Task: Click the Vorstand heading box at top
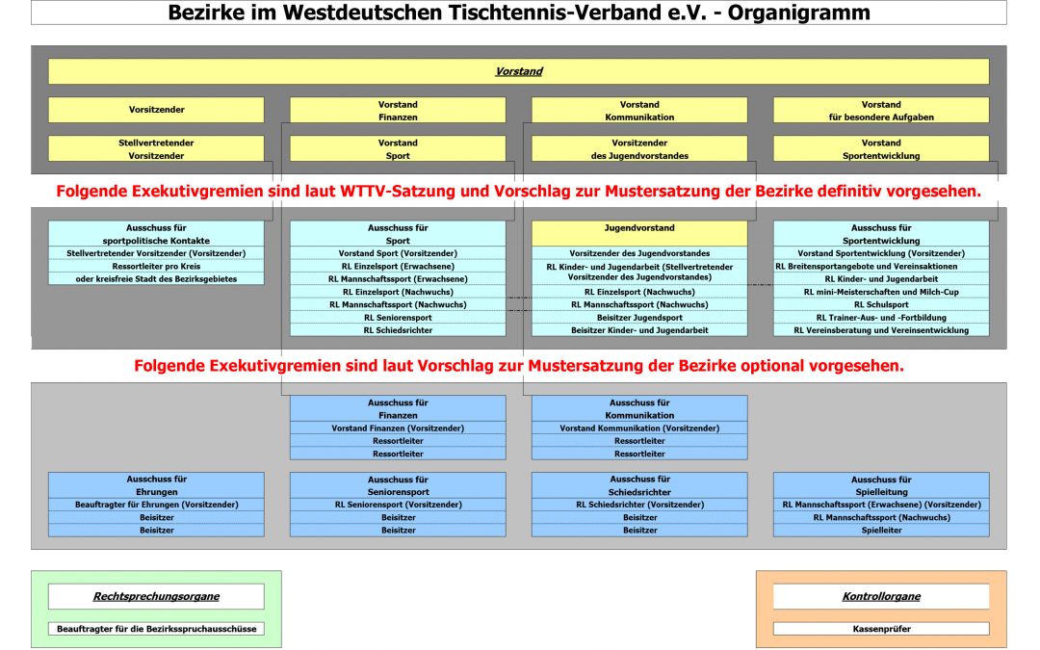click(518, 71)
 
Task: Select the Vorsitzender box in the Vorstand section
click(156, 110)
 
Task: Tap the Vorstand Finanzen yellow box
click(398, 110)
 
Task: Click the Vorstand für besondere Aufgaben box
click(880, 110)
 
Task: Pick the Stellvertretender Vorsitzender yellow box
click(156, 148)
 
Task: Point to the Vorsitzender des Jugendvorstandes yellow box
click(639, 148)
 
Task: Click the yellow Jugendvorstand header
click(639, 229)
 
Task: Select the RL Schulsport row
click(880, 304)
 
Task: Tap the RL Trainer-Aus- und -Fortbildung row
click(880, 317)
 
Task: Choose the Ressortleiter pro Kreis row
click(156, 266)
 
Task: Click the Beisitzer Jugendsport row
click(639, 317)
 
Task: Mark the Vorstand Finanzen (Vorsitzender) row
click(398, 428)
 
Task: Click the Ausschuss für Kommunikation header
click(639, 408)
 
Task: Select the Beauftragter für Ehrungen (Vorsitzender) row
click(156, 505)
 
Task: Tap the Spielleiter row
click(880, 530)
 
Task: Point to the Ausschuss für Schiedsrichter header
click(639, 484)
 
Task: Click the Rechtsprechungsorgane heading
click(156, 596)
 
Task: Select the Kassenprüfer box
click(880, 629)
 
